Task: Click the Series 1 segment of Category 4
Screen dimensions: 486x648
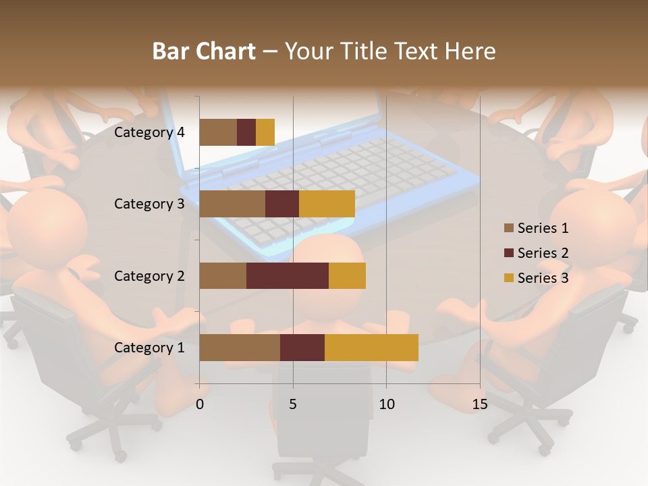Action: pos(218,132)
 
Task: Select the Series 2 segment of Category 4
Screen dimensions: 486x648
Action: pos(246,132)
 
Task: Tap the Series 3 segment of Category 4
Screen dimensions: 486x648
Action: pos(265,132)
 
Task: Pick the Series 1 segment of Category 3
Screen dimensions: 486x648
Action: pos(232,204)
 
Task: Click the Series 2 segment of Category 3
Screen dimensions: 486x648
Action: pos(282,204)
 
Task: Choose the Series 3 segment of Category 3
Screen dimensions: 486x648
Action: pos(327,204)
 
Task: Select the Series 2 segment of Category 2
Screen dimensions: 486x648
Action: pos(288,275)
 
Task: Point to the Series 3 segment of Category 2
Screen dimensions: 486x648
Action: pos(347,275)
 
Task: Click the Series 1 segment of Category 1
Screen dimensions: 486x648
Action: pos(240,348)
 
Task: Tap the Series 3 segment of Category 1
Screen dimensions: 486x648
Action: pos(371,348)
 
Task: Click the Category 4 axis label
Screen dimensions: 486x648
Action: pos(149,132)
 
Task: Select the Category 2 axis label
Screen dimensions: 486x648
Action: pos(149,275)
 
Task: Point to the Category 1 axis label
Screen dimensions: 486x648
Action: pos(149,348)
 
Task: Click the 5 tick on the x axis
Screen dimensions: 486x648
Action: pos(293,404)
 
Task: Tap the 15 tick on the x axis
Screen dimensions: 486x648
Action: pos(480,404)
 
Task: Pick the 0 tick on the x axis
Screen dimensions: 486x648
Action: pos(200,404)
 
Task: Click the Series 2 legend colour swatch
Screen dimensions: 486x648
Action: pos(508,253)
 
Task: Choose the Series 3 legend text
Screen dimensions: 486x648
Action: pos(543,278)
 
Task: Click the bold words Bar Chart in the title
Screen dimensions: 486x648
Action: pos(204,51)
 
